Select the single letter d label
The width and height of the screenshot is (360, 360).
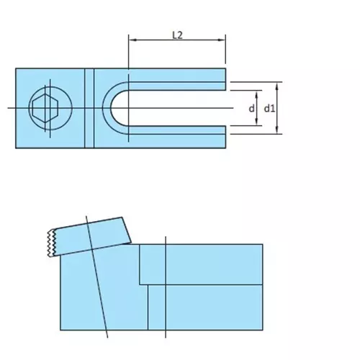click(x=251, y=109)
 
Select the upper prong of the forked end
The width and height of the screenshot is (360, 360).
click(x=180, y=78)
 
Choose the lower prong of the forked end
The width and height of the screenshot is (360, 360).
click(x=180, y=137)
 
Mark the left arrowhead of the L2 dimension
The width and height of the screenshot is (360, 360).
click(x=131, y=42)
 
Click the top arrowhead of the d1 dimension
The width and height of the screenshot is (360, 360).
click(x=278, y=84)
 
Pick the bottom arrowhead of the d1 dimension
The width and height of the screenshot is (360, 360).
click(x=278, y=131)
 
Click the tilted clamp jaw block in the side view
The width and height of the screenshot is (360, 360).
click(x=90, y=236)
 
